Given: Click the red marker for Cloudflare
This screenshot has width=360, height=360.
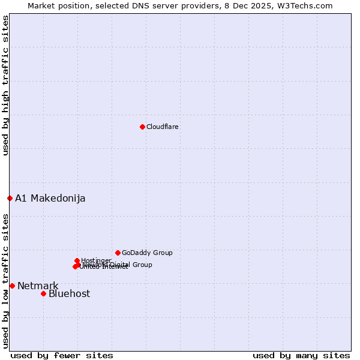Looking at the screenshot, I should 142,127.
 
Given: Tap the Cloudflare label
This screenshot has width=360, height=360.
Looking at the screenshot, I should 163,127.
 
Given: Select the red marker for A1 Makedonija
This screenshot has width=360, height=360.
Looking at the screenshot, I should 10,198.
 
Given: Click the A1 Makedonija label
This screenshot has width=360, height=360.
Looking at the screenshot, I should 50,199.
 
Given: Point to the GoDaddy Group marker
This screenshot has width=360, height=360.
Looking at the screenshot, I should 118,253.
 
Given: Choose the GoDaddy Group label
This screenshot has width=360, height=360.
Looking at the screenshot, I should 147,253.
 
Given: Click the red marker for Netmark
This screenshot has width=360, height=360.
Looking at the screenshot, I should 12,286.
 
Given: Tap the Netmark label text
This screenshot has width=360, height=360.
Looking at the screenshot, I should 38,286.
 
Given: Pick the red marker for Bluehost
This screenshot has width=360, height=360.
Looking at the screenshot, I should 43,293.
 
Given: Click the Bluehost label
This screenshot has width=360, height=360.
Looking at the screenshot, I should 69,294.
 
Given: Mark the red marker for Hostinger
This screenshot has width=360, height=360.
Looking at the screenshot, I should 77,260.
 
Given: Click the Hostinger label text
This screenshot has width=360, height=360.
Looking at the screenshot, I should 96,260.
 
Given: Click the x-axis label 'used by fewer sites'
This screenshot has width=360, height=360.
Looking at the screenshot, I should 62,356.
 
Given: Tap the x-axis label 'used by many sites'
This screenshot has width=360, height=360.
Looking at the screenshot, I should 301,356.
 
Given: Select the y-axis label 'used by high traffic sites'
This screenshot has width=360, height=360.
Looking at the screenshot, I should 6,85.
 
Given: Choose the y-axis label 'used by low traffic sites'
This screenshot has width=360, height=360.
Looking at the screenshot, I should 6,281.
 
